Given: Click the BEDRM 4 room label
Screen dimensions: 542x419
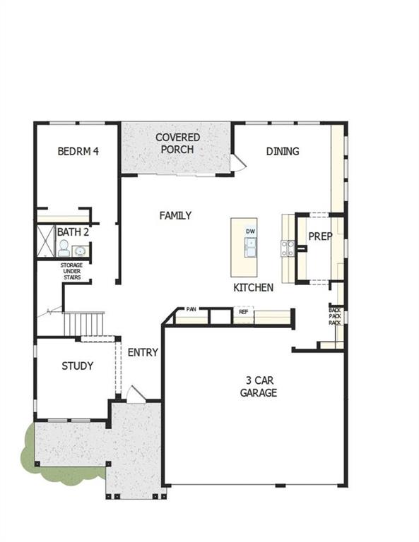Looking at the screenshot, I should [78, 151].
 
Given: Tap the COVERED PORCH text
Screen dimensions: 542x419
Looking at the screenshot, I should [177, 143].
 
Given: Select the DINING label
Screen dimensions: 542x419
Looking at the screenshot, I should [282, 151].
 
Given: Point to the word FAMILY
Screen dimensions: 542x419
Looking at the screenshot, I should [175, 215].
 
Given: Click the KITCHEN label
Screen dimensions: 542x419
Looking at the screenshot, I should [253, 288].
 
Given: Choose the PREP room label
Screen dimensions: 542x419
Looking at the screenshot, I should [320, 236].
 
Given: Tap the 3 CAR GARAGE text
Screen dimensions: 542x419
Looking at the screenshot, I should [258, 387].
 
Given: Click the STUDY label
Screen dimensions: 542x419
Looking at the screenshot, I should [77, 366].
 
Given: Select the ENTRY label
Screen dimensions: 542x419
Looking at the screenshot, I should [142, 352].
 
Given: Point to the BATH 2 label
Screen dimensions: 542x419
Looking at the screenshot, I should [73, 231].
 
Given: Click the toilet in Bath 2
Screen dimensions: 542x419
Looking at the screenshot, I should [63, 248].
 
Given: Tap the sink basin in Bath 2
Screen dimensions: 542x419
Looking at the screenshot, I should [80, 250].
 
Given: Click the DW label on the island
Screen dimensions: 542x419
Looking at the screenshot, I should [250, 231].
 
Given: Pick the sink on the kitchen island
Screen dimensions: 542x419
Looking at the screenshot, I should [250, 246].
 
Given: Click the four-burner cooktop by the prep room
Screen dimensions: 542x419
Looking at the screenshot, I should [288, 247].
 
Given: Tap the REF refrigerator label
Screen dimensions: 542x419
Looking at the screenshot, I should [243, 311].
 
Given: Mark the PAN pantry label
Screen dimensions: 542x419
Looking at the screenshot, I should [191, 309].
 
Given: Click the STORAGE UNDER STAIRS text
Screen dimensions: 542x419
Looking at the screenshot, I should [71, 271].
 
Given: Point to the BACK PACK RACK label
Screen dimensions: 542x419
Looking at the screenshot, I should [336, 315].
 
